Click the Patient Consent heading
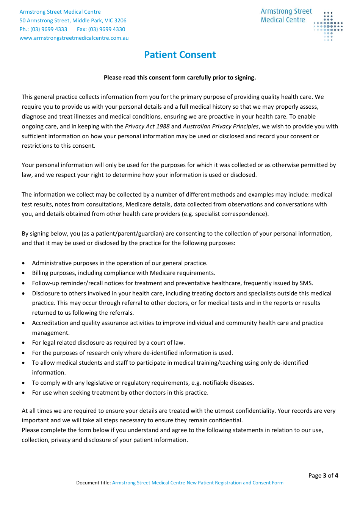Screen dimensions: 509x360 coord(180,55)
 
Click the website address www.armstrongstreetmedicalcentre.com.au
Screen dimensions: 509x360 coord(74,38)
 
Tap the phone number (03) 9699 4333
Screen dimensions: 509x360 coord(49,29)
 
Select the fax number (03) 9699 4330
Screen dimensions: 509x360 coord(106,29)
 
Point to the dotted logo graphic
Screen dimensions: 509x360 coord(328,26)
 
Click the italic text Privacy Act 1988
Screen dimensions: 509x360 coord(147,126)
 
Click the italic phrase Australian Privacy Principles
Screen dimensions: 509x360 coord(221,126)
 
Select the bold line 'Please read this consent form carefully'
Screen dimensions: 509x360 coord(180,78)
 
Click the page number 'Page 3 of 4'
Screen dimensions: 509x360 coord(323,475)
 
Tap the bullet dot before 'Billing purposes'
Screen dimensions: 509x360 coord(24,273)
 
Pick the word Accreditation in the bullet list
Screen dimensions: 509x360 coord(50,323)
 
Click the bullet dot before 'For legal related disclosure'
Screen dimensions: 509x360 coord(24,343)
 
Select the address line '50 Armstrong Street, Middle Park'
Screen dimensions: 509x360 coord(73,20)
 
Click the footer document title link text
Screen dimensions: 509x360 coord(197,483)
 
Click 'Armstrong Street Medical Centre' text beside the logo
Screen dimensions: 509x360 coord(286,16)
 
